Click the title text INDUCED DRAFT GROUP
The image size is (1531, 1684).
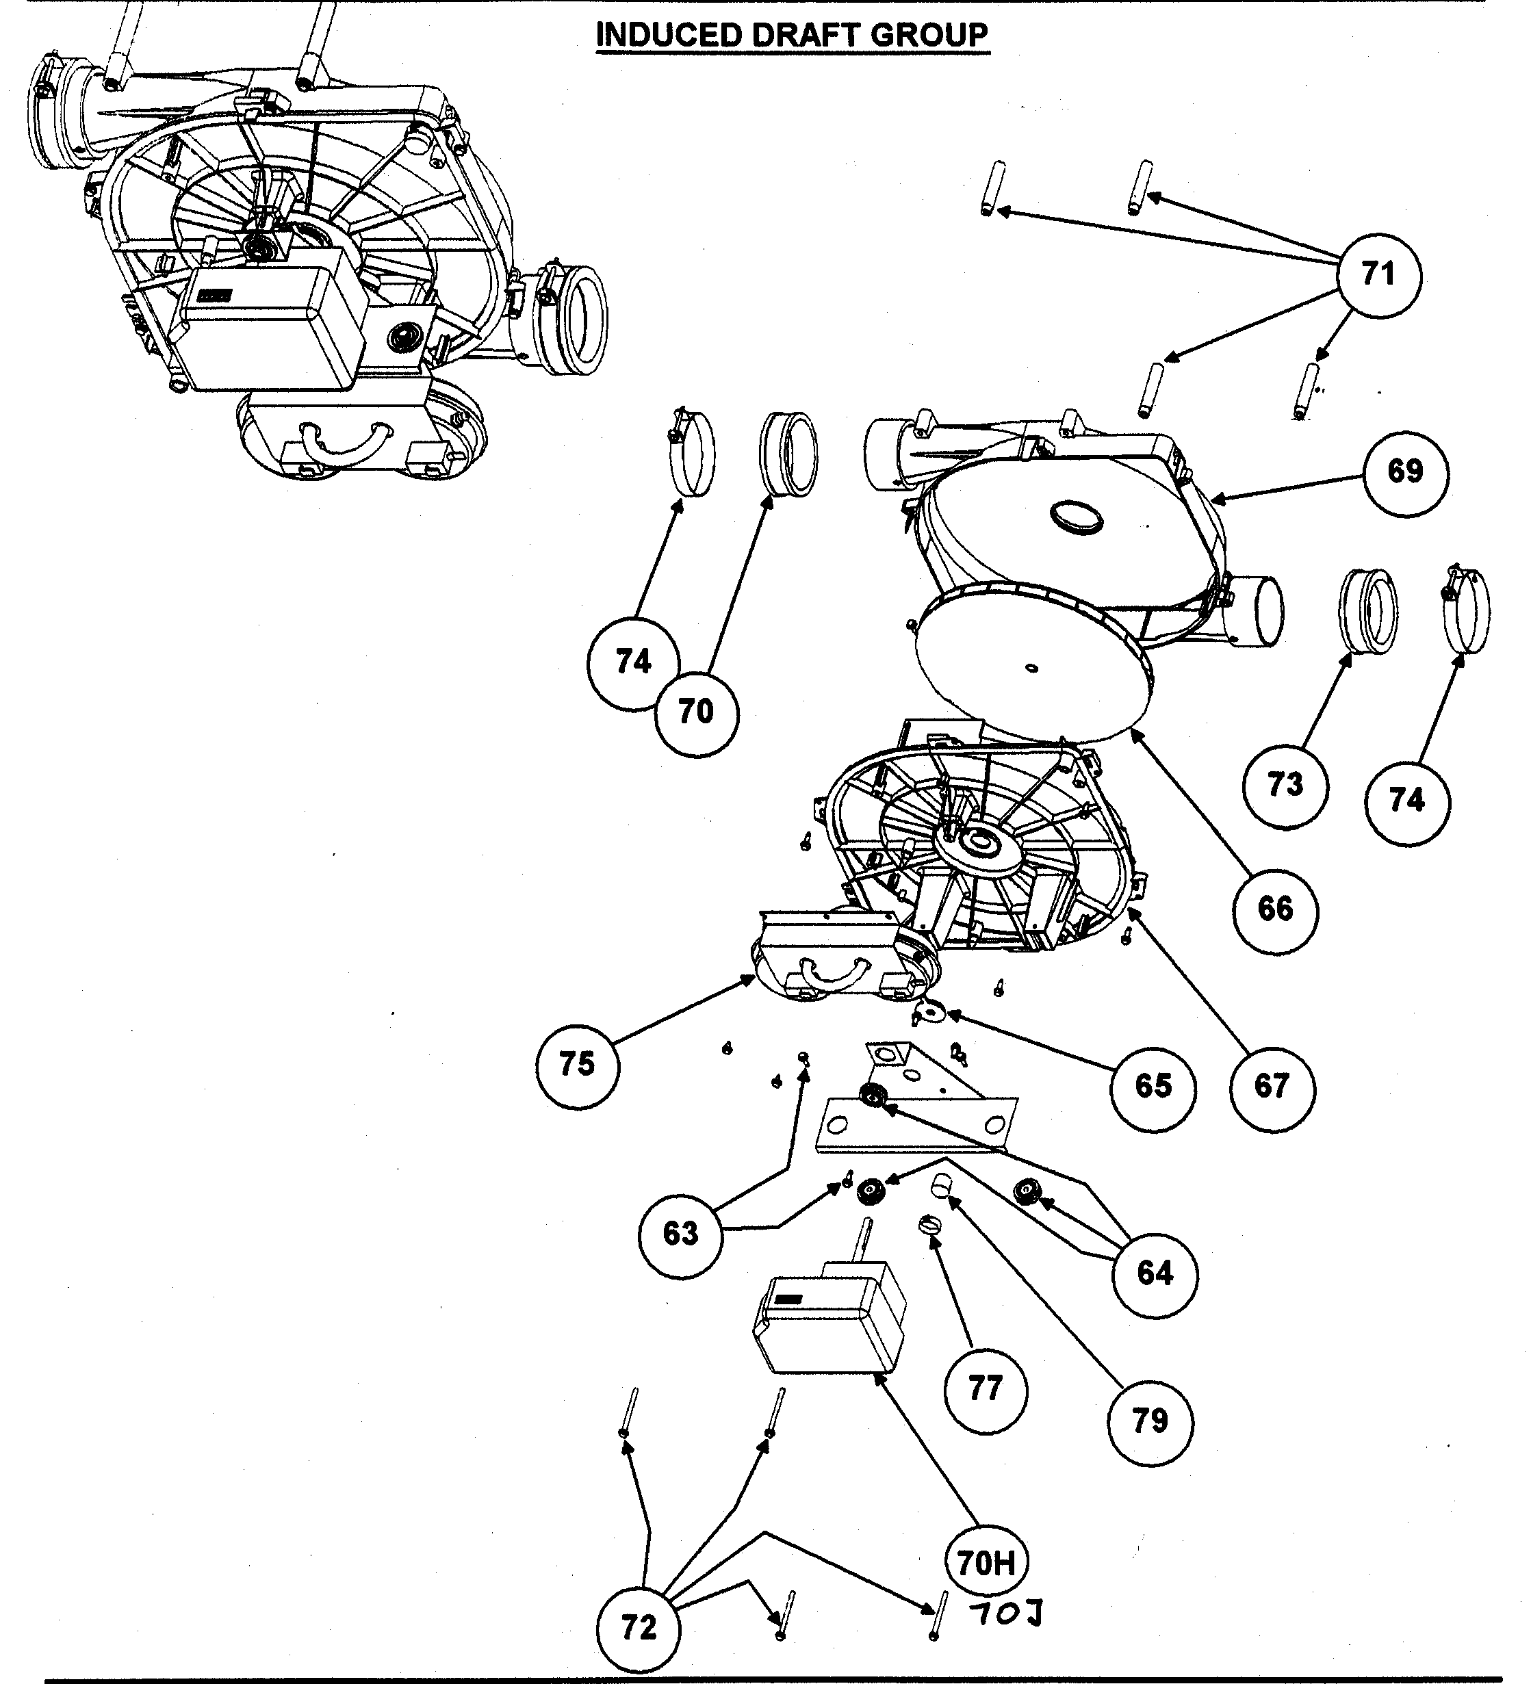click(792, 35)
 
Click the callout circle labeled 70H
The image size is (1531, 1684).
click(986, 1562)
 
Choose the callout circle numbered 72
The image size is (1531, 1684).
click(639, 1627)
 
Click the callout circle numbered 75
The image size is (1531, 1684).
click(577, 1065)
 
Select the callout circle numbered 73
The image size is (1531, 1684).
click(1285, 785)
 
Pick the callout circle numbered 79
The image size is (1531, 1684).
click(1150, 1420)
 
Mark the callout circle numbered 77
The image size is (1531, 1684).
click(986, 1389)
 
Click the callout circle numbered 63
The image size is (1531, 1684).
click(681, 1234)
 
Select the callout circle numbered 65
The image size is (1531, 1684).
click(1153, 1086)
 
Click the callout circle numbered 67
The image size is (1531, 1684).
click(1272, 1086)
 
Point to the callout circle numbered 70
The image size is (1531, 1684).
click(696, 712)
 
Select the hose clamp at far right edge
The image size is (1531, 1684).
click(1467, 608)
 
